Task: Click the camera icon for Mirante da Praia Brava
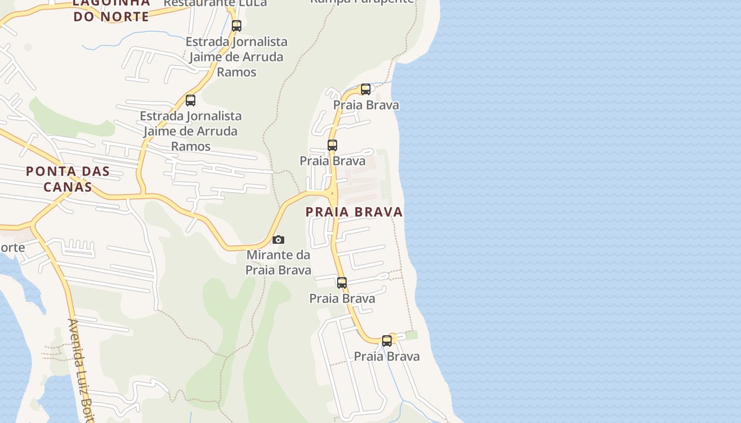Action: click(x=278, y=240)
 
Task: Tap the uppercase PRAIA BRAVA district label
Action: click(x=354, y=212)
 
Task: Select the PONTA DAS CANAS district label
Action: click(x=68, y=179)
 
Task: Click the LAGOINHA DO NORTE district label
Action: click(x=111, y=10)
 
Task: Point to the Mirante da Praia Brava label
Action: click(x=278, y=262)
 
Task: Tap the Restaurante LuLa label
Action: click(x=215, y=3)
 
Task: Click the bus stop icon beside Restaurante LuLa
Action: click(x=237, y=25)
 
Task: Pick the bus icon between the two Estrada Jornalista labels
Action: click(x=191, y=100)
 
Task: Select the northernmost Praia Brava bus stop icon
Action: click(x=366, y=89)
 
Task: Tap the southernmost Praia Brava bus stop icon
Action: click(x=387, y=341)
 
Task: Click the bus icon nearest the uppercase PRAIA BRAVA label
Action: click(x=332, y=145)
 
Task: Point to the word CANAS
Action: click(x=68, y=187)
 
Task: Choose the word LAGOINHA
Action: click(x=111, y=3)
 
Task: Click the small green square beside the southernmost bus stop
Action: click(x=411, y=335)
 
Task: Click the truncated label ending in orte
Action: click(x=12, y=247)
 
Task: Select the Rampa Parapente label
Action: click(x=362, y=2)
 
